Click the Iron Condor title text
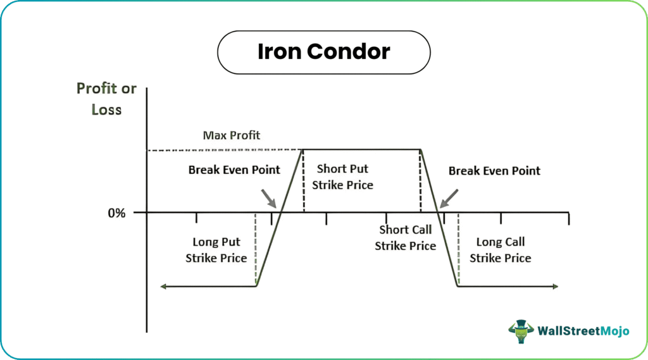point(323,52)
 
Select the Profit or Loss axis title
point(106,99)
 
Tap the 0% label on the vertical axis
point(116,213)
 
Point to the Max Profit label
point(232,135)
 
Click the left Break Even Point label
point(234,170)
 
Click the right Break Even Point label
point(494,171)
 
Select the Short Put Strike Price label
point(342,177)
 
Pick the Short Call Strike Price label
point(406,238)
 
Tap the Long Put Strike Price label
point(216,250)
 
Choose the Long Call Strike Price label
point(501,250)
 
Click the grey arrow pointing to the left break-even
point(268,199)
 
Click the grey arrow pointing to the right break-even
point(449,199)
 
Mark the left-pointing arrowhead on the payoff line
point(163,287)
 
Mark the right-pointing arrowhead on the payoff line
point(556,287)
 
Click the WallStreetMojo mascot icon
point(521,331)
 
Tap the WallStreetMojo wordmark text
point(583,331)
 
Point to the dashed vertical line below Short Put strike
point(304,180)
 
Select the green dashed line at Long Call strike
point(459,249)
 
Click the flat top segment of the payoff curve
point(361,149)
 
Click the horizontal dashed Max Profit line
point(225,150)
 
